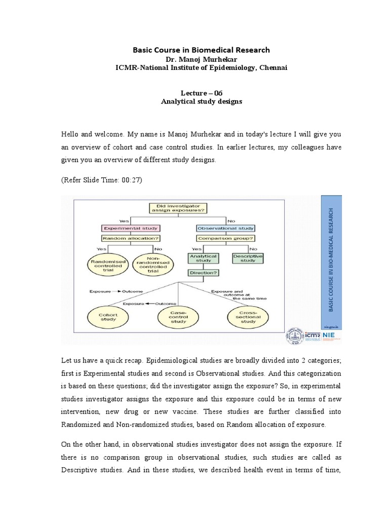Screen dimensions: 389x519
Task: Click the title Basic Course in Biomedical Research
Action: tap(201, 50)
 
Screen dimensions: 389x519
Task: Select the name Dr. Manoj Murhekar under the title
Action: tap(201, 59)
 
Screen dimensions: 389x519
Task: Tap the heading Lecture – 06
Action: tap(202, 92)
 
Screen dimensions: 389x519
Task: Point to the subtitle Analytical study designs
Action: tap(202, 101)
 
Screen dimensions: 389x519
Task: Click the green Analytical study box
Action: tap(203, 259)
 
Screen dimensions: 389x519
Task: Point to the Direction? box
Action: tap(203, 272)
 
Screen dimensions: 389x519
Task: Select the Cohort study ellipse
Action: tap(108, 318)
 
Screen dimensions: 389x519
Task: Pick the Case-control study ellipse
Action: tap(178, 318)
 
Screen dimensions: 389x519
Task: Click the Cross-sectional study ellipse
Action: tap(248, 318)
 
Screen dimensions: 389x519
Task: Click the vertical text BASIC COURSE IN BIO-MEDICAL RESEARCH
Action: tap(332, 258)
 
